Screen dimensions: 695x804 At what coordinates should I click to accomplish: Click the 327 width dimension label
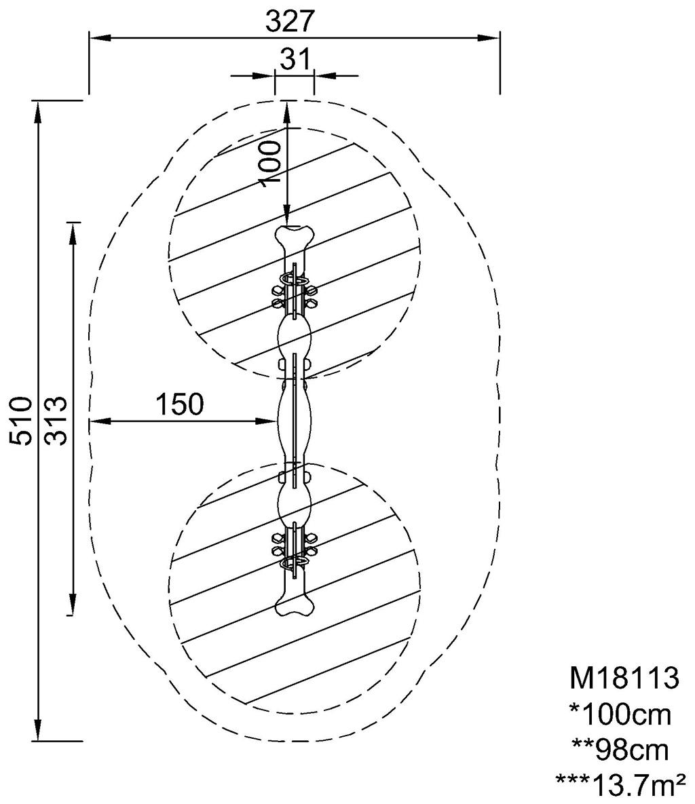pyautogui.click(x=289, y=22)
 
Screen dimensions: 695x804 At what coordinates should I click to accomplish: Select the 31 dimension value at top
pyautogui.click(x=295, y=60)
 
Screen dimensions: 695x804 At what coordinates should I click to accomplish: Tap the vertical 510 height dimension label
pyautogui.click(x=22, y=420)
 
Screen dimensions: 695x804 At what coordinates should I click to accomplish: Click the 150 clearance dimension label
pyautogui.click(x=180, y=404)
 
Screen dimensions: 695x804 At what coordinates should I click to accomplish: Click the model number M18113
pyautogui.click(x=624, y=677)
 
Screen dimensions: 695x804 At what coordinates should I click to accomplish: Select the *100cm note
pyautogui.click(x=620, y=714)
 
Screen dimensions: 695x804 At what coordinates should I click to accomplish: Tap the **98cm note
pyautogui.click(x=620, y=750)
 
